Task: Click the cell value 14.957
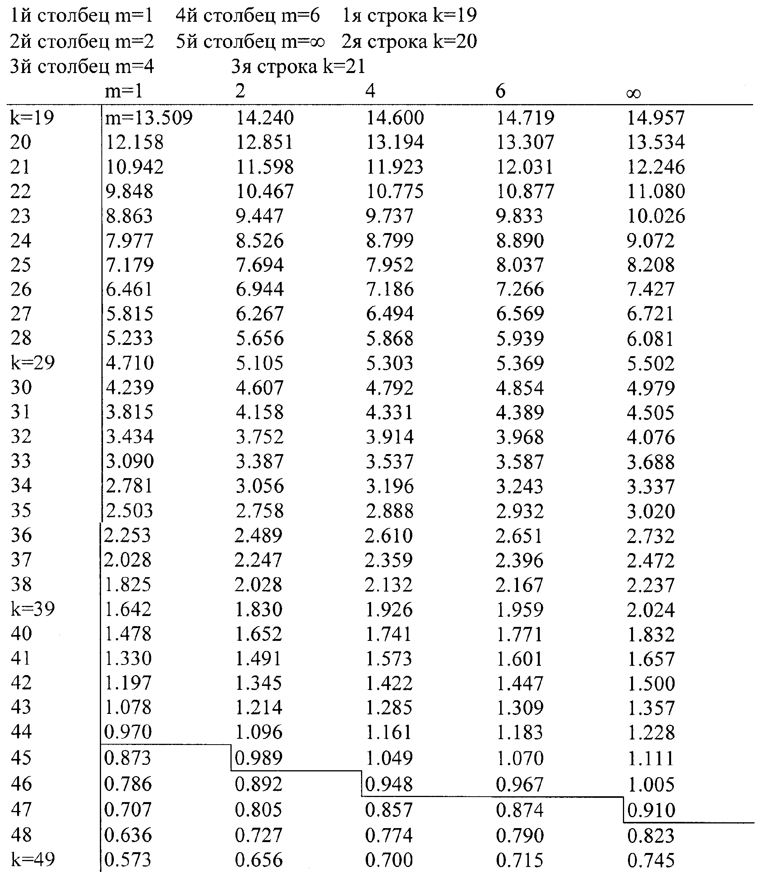(x=655, y=118)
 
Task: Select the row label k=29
(x=33, y=363)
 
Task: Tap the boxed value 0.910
(x=651, y=810)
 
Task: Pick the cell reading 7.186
(x=389, y=289)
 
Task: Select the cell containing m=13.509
(x=149, y=118)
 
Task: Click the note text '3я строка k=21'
(x=298, y=67)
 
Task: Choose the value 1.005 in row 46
(x=651, y=785)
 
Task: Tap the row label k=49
(x=33, y=859)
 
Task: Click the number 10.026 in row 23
(x=656, y=216)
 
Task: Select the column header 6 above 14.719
(x=500, y=91)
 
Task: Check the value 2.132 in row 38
(x=389, y=585)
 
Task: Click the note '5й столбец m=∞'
(x=250, y=42)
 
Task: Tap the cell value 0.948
(x=389, y=785)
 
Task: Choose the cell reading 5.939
(x=520, y=338)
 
